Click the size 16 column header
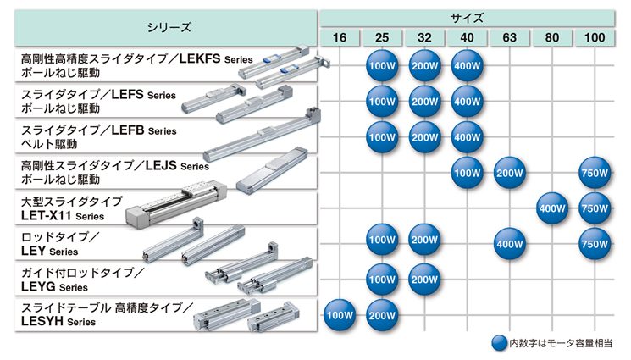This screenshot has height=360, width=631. (340, 37)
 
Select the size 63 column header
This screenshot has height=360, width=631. (510, 37)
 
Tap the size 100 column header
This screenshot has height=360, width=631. (595, 37)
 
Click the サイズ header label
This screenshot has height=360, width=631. (467, 18)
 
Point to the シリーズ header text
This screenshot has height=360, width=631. (169, 27)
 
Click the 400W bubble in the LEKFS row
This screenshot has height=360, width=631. (467, 65)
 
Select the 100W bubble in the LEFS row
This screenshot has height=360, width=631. (382, 102)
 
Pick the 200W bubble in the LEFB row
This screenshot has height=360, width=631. (424, 137)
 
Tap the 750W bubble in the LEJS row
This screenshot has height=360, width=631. (595, 173)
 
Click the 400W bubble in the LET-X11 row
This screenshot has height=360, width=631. (552, 208)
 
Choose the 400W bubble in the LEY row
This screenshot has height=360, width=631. (510, 244)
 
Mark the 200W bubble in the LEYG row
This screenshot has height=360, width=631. (424, 280)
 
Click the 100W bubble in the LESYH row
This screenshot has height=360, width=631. (340, 315)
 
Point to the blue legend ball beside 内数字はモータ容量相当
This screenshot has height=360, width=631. (500, 343)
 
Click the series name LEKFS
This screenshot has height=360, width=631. (200, 58)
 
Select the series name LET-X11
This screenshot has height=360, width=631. (47, 215)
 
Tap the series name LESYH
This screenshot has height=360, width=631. (42, 321)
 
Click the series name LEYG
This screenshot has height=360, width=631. (38, 286)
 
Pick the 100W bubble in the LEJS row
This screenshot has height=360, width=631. (467, 173)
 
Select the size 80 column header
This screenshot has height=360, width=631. (552, 37)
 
